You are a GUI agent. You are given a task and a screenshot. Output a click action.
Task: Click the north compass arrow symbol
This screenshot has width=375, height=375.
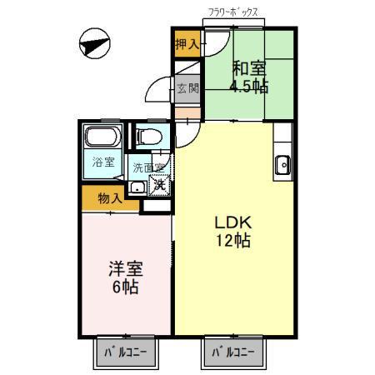[x=92, y=42]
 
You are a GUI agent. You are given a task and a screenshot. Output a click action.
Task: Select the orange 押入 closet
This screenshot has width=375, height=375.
[x=187, y=44]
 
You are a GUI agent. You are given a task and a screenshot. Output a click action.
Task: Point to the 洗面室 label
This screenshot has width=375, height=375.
[x=150, y=167]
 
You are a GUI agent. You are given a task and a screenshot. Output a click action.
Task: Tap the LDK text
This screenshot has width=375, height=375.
[x=233, y=222]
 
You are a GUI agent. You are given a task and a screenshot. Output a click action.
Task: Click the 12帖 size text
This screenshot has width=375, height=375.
[x=233, y=242]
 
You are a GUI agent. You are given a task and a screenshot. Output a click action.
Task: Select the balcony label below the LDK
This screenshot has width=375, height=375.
[x=232, y=352]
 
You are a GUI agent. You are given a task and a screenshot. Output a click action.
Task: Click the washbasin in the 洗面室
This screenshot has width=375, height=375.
[x=137, y=185]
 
